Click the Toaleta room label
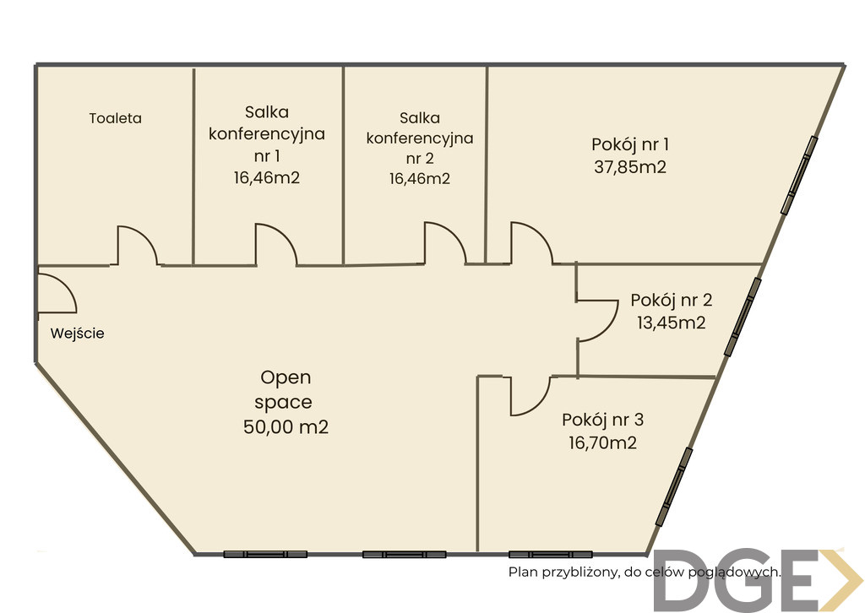coord(115,118)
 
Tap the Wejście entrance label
coord(77,333)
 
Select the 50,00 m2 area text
coord(286,426)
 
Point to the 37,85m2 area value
coord(630,166)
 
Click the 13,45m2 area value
coord(672,323)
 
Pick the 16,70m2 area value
coord(602,442)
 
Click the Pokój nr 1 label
coord(630,144)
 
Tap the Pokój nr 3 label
coord(602,420)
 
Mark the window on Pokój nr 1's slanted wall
coord(799,175)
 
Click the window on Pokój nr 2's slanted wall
coord(743,317)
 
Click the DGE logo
coord(759,580)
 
